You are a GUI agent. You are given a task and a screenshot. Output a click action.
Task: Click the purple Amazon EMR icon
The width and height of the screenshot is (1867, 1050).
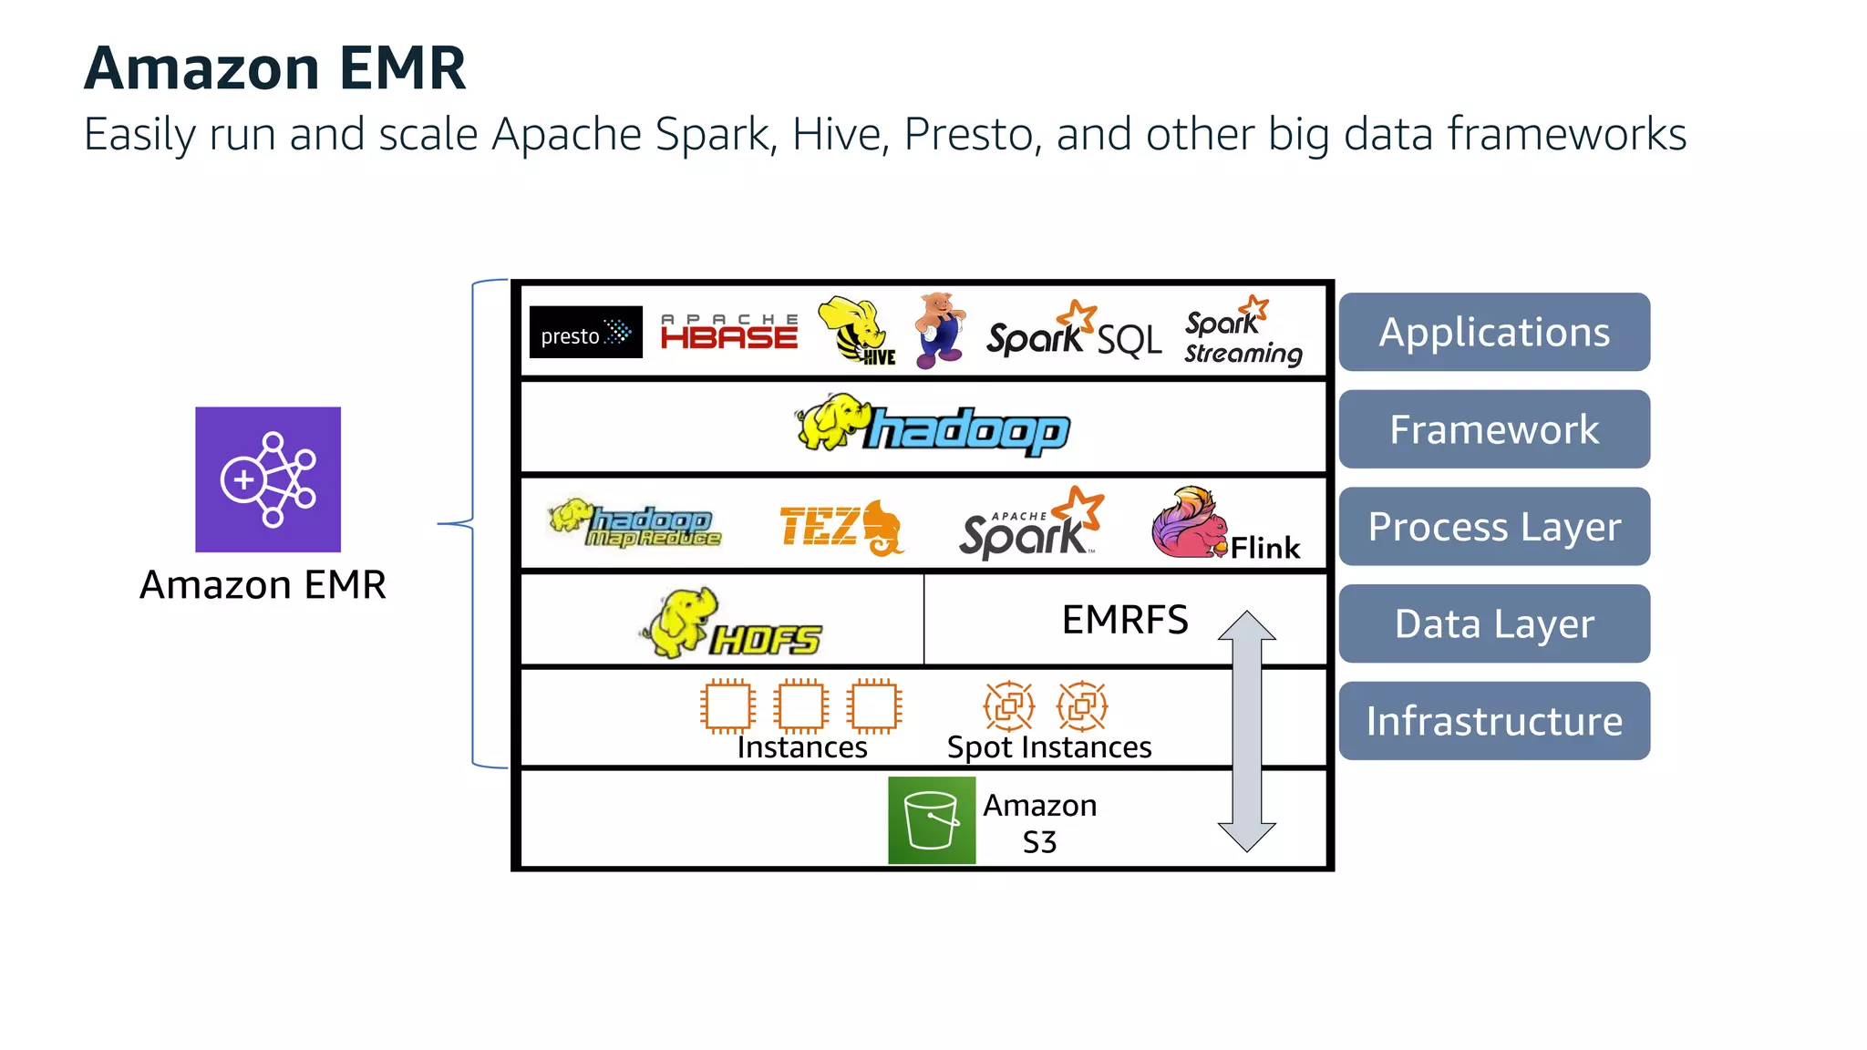point(267,479)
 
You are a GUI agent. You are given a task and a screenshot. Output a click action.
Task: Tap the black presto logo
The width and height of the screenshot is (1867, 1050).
point(585,333)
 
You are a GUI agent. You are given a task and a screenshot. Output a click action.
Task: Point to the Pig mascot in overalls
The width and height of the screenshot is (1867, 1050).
point(939,330)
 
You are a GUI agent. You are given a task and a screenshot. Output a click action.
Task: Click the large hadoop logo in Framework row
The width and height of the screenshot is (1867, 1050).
point(933,426)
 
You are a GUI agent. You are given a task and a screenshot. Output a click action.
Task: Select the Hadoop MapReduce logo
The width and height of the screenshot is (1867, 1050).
point(635,524)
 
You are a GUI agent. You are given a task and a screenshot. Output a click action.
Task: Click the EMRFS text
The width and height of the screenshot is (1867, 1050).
point(1125,621)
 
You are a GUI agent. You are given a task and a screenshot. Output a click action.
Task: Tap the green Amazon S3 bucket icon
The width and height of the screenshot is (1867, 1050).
point(932,820)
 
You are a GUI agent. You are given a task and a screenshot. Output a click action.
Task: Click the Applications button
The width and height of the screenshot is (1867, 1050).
point(1493,333)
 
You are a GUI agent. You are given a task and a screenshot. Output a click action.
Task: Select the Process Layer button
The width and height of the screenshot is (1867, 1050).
point(1493,527)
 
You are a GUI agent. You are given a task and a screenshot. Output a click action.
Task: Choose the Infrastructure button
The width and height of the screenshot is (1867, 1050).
point(1493,721)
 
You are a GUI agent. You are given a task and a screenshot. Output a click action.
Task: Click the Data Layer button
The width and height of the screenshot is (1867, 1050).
point(1493,624)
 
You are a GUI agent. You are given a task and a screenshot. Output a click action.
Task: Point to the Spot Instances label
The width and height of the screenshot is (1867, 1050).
point(1048,747)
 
